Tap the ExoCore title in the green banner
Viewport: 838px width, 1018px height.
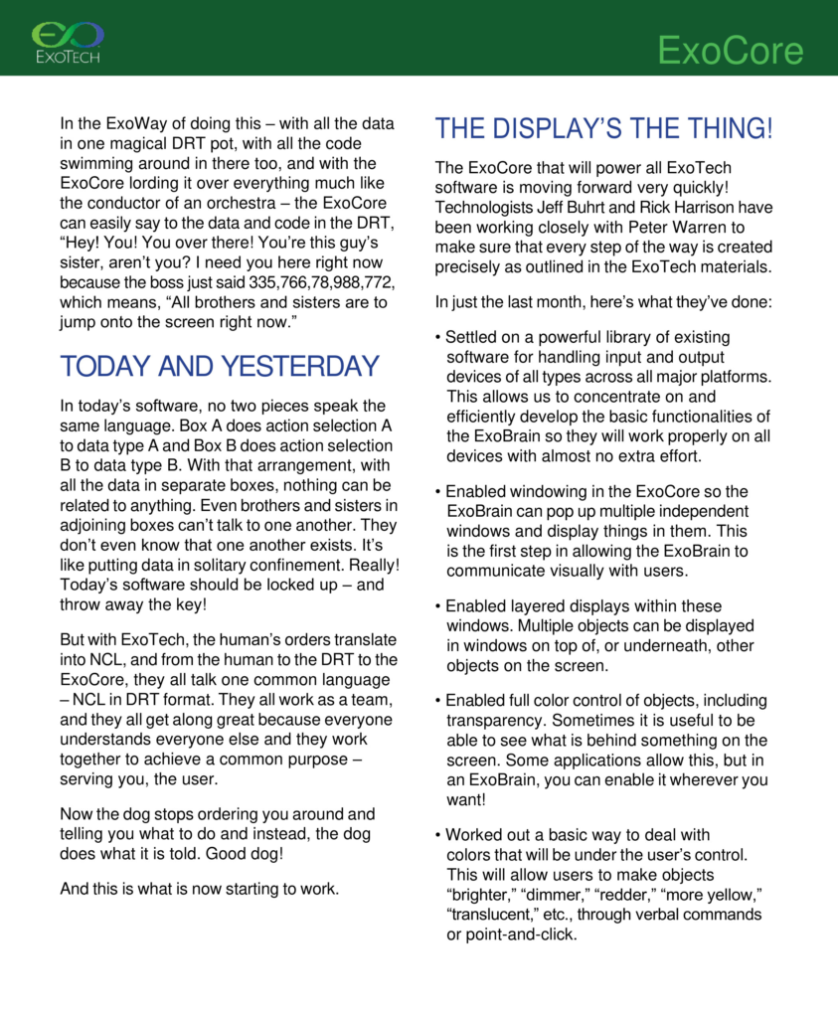click(731, 51)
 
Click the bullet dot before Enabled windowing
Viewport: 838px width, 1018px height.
click(438, 492)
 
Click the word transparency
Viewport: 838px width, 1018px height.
click(495, 720)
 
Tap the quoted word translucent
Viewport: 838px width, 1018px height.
click(492, 915)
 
